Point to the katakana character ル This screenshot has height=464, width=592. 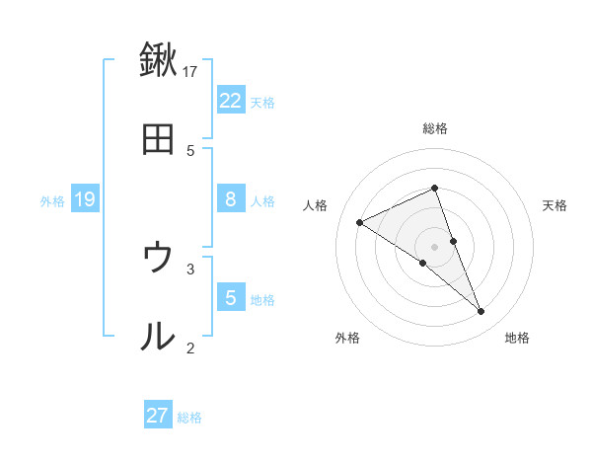(x=158, y=337)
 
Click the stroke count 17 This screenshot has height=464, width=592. (x=190, y=71)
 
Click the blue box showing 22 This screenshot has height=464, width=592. (x=231, y=100)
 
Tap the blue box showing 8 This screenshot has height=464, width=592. (x=231, y=199)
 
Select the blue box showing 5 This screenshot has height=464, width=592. (x=231, y=297)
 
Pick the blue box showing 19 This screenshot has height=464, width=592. (x=85, y=199)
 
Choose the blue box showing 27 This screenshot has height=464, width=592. (x=158, y=416)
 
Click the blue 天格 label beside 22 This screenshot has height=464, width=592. (x=262, y=102)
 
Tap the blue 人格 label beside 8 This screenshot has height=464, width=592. (x=262, y=201)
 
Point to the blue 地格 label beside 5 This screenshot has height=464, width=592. (x=262, y=299)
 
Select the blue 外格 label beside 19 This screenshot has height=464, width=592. (x=52, y=201)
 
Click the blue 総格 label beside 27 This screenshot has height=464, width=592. (x=189, y=418)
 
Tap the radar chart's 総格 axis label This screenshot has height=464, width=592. (x=435, y=128)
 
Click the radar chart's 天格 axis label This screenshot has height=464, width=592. (x=555, y=205)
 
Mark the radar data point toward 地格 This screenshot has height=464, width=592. (x=481, y=312)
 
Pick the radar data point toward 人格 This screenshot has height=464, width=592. (x=359, y=222)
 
